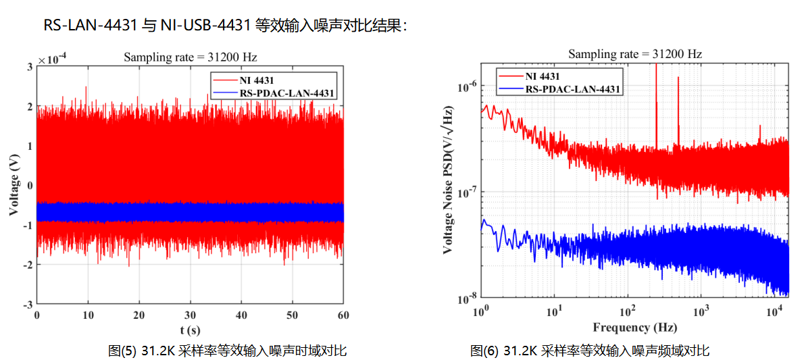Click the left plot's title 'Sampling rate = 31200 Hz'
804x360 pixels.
190,57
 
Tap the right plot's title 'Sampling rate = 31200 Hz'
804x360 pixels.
634,54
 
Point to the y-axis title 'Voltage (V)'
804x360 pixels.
14,185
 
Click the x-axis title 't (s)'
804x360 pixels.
191,330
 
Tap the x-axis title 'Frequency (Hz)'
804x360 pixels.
634,328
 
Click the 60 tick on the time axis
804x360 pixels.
343,315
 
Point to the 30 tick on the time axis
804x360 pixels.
190,315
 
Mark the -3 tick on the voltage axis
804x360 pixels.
28,305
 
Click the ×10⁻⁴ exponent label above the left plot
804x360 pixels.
51,59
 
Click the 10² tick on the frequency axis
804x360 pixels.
628,312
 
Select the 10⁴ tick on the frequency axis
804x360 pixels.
774,312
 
